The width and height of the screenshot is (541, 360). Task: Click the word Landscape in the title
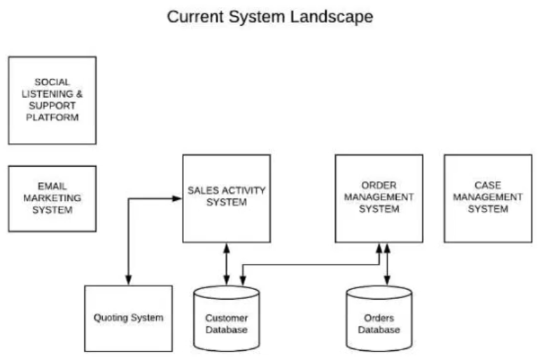coord(331,17)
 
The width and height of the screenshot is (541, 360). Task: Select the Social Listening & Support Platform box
coord(52,100)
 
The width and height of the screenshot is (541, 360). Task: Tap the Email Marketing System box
coord(52,198)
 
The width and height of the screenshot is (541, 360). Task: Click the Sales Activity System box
coord(227,198)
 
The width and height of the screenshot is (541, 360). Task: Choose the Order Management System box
coord(379,198)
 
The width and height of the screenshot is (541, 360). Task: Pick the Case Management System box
coord(489,198)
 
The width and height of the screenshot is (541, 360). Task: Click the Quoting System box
coord(128,318)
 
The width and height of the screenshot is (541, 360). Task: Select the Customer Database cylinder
coord(227,318)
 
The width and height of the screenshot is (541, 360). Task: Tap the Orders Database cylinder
coord(379,318)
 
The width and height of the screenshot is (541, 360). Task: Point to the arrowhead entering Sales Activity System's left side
coord(177,198)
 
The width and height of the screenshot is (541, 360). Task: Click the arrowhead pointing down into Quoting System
coord(128,280)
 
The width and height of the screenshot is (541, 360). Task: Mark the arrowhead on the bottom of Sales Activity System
coord(227,248)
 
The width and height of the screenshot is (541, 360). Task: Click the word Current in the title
coord(195,17)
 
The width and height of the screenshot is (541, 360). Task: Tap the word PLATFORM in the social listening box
coord(52,118)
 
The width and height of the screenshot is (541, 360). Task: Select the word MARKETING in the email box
coord(52,198)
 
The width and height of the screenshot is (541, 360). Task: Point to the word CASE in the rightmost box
coord(488,186)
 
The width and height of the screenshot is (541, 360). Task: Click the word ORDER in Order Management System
coord(379,186)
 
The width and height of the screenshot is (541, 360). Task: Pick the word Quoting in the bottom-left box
coord(110,318)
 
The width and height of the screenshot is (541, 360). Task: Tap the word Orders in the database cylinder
coord(379,318)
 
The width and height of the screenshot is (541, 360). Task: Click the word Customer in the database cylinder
coord(226,318)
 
